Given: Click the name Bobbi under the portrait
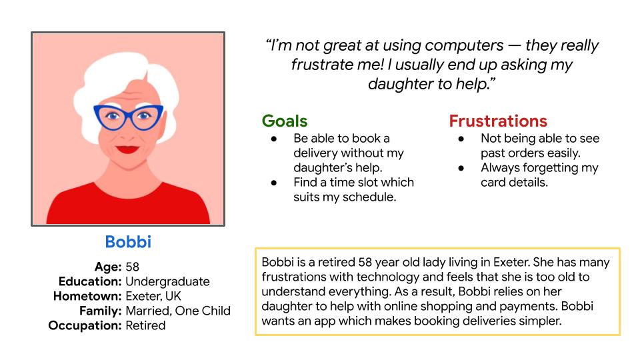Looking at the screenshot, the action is click(128, 241).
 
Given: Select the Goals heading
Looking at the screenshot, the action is click(285, 121).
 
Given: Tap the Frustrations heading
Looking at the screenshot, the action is click(498, 121).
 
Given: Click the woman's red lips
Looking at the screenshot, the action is click(127, 149).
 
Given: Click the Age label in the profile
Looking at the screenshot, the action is click(108, 267).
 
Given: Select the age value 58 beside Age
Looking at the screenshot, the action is click(132, 267).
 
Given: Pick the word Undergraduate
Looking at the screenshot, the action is click(167, 281).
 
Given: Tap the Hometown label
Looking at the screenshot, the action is click(87, 296).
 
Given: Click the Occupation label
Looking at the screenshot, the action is click(85, 325).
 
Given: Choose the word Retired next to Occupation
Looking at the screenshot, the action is click(145, 325).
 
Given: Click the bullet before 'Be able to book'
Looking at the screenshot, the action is click(274, 139).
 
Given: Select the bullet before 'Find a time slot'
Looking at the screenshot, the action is click(274, 183).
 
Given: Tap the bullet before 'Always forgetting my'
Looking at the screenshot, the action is click(461, 169).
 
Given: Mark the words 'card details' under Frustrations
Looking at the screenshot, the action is click(514, 183).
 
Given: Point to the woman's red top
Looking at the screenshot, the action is click(128, 206).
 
